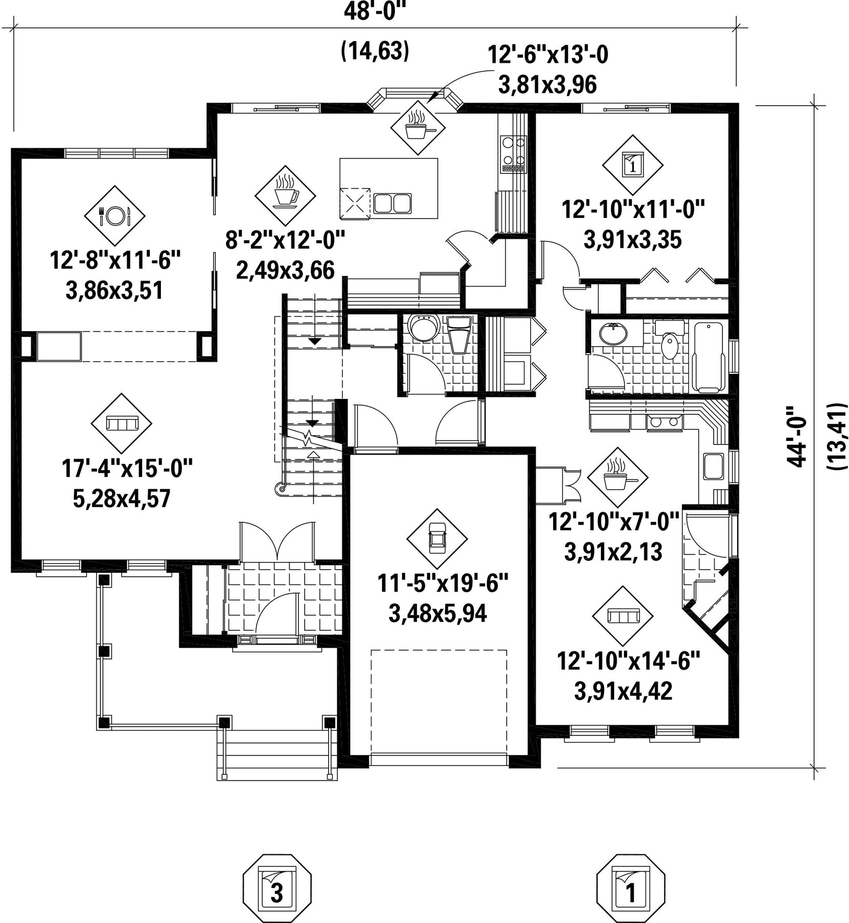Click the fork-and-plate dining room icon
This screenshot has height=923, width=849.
coord(115,215)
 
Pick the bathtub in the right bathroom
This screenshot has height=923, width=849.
coord(708,357)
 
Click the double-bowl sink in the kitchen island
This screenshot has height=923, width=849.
coord(392,203)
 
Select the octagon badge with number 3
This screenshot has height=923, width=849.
coord(277,889)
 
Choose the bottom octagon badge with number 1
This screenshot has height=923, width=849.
coord(631,889)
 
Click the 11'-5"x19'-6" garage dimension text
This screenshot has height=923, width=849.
coord(443,584)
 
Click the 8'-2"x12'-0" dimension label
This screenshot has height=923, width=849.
coord(285,239)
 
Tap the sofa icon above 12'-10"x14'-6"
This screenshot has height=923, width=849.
coord(622,616)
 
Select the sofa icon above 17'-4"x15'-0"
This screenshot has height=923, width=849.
coord(122,424)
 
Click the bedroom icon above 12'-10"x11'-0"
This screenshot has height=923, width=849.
coord(633,165)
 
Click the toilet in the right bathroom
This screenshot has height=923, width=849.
coord(670,342)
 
